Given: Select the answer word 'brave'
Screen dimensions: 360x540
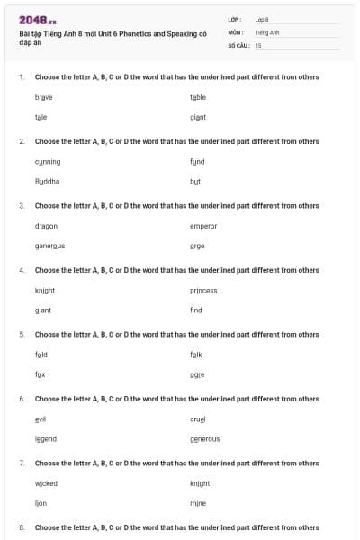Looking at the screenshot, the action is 43,97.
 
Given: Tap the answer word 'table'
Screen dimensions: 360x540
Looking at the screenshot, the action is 198,97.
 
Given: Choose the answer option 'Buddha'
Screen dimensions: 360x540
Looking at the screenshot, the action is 47,181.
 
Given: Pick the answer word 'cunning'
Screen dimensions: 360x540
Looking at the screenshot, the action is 48,161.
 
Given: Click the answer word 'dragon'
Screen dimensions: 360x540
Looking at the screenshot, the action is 46,226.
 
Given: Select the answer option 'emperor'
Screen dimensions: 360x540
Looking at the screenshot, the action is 203,226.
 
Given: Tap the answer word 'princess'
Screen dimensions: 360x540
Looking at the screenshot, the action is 203,290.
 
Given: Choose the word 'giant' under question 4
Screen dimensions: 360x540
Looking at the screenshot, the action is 43,310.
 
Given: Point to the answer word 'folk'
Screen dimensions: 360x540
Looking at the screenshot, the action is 196,354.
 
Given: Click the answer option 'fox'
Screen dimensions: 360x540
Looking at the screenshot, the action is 40,373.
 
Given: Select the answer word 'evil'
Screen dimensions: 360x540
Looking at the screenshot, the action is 40,418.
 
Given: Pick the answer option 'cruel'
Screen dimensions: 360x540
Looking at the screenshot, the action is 198,418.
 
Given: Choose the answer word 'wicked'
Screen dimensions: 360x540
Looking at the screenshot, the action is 46,483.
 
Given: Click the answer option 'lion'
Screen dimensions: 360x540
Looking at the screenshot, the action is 40,503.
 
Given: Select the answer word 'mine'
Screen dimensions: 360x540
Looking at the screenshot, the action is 198,503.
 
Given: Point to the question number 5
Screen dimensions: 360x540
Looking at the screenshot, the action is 21,334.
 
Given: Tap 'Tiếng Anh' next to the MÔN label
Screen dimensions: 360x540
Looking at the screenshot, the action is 267,31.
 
